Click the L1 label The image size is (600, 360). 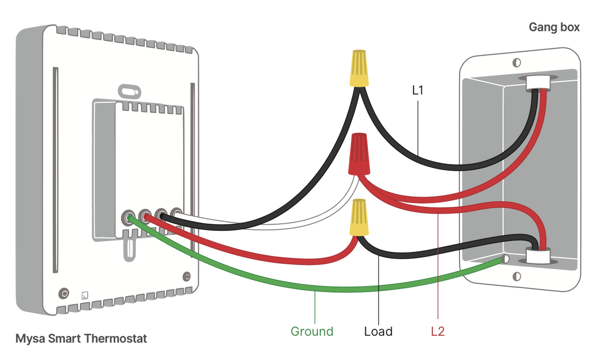point(417,91)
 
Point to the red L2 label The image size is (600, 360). point(437,332)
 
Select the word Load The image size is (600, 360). point(378,332)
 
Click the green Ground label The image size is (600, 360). point(312,332)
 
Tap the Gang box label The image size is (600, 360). point(554,28)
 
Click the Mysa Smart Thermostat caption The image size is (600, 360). point(81,339)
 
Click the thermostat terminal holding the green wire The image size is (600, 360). point(127,217)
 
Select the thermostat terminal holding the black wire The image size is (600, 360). point(161,217)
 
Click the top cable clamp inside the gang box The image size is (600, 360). point(535,82)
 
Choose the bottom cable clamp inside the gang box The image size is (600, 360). point(537,256)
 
